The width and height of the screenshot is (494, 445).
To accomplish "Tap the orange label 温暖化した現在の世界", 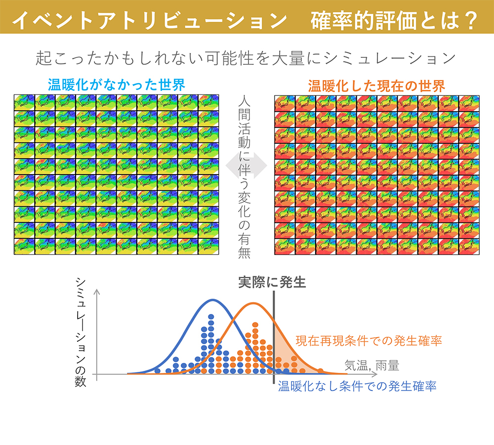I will (x=376, y=86).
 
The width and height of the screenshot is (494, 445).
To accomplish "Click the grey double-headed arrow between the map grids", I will (x=246, y=168).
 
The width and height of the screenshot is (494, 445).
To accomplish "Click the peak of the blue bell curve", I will (x=213, y=300).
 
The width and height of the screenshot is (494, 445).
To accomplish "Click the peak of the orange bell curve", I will (x=253, y=303).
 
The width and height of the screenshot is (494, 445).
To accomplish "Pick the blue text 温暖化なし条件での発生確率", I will (x=357, y=386).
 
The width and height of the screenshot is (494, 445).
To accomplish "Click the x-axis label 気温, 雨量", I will (x=371, y=366).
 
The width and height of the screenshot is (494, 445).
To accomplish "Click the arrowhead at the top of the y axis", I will (x=99, y=292).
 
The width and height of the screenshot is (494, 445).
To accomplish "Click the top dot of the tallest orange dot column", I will (x=255, y=325).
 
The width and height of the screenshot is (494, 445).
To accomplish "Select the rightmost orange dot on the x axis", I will (x=320, y=370).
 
